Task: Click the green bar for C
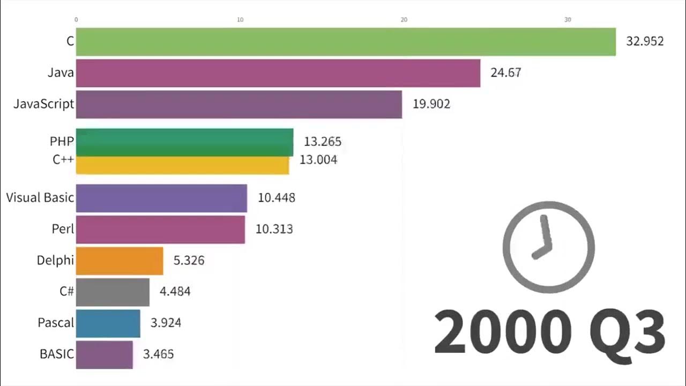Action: (x=346, y=42)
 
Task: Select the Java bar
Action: (x=278, y=73)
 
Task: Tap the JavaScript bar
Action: (x=239, y=104)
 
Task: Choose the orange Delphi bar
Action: (x=120, y=261)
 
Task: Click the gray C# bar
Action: (x=113, y=292)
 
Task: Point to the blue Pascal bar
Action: (x=108, y=323)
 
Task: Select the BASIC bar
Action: (x=104, y=354)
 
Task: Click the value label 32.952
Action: (x=645, y=41)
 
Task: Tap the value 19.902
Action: (x=431, y=104)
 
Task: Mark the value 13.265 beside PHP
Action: (x=322, y=142)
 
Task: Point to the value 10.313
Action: (x=274, y=229)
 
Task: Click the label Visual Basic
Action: (x=40, y=197)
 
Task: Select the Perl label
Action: (x=63, y=229)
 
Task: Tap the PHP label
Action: (x=62, y=141)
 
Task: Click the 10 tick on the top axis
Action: (x=240, y=20)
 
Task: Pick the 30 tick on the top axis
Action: (x=568, y=20)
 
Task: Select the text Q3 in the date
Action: (x=627, y=333)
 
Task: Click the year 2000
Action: (x=501, y=333)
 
